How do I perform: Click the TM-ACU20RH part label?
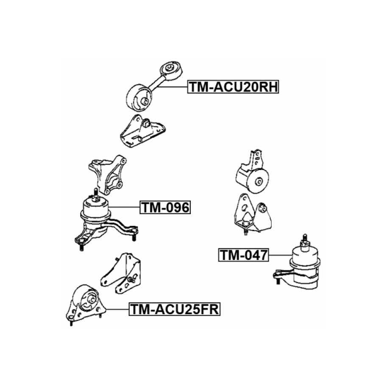click(x=233, y=87)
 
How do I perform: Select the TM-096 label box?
click(x=165, y=207)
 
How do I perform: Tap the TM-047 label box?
click(x=243, y=255)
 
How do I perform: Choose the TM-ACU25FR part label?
click(x=174, y=309)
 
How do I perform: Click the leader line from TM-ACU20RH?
click(x=172, y=87)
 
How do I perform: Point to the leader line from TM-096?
click(x=124, y=207)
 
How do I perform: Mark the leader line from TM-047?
click(x=281, y=255)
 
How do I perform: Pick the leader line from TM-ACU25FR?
click(x=117, y=309)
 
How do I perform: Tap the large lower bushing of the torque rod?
click(x=139, y=98)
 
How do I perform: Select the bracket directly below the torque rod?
click(x=142, y=131)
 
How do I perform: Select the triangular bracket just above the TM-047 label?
click(x=253, y=214)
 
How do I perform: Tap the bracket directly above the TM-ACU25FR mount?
click(x=121, y=273)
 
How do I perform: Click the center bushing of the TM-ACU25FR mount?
click(x=90, y=299)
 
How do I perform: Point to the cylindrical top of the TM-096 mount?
click(x=96, y=208)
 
